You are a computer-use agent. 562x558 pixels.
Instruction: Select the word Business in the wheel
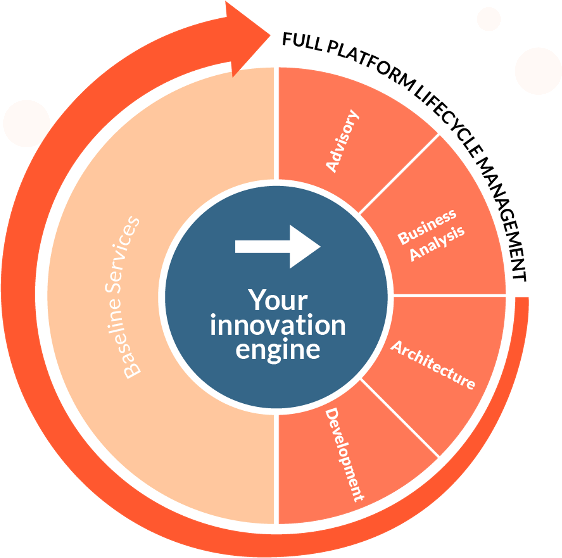point(427,227)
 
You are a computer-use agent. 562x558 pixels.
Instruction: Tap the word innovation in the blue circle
point(278,325)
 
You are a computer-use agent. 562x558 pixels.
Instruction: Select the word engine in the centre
point(278,350)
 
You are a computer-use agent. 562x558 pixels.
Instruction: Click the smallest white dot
point(489,19)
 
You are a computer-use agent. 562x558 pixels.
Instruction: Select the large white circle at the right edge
point(538,71)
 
